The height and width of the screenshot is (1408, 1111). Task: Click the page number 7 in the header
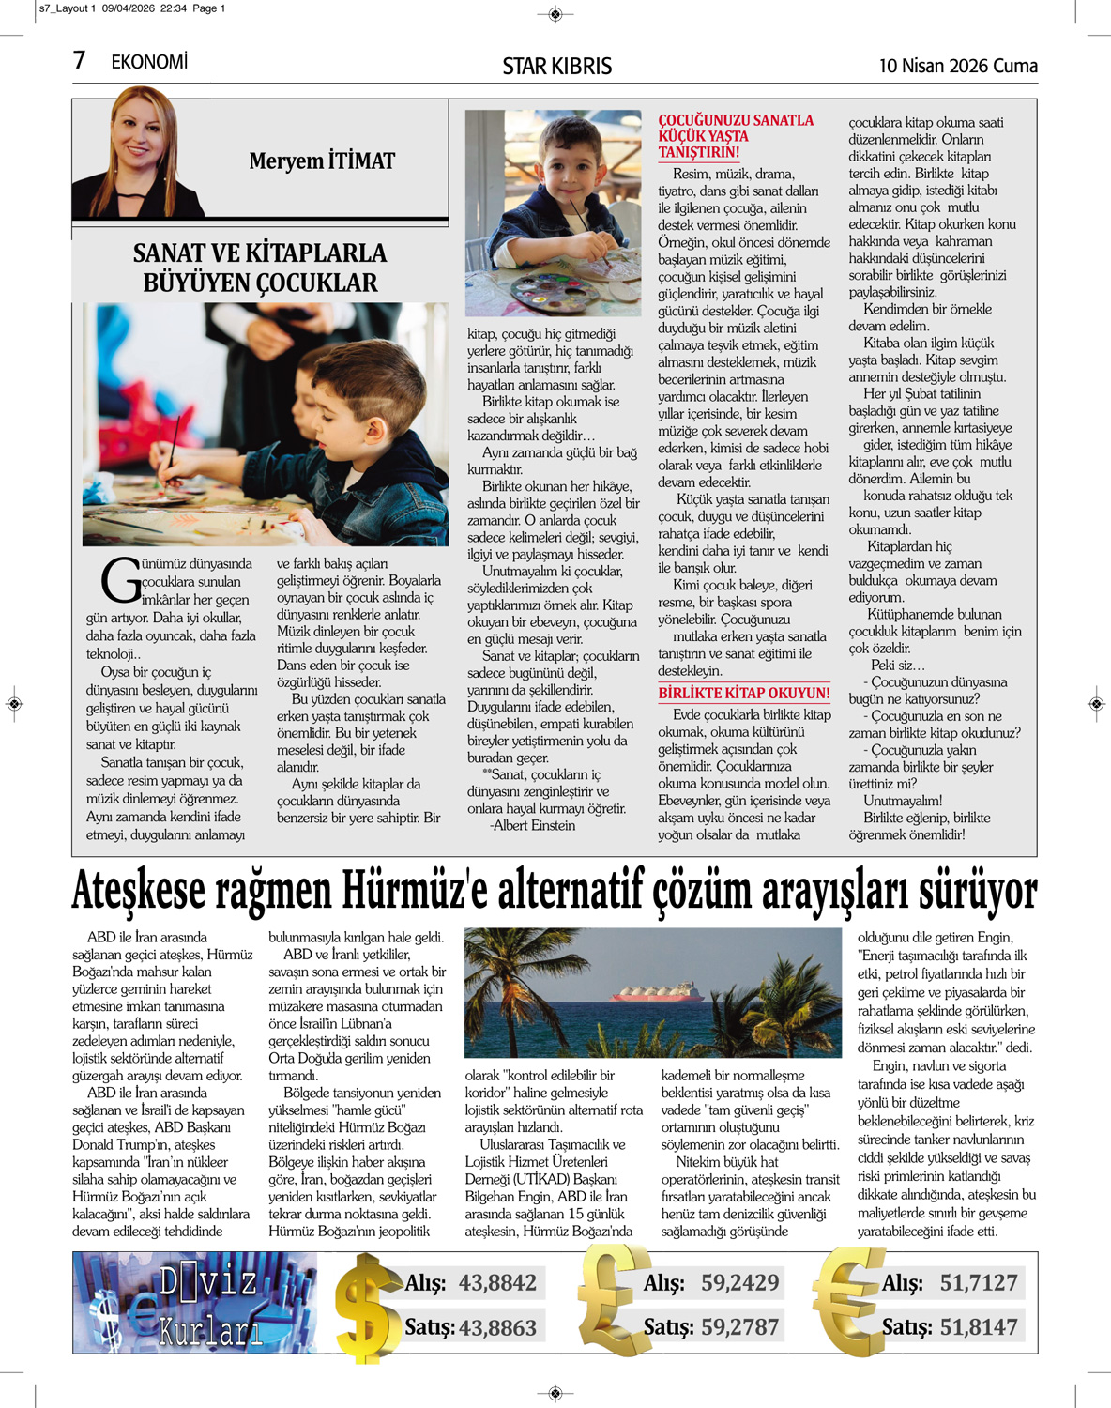[x=80, y=61]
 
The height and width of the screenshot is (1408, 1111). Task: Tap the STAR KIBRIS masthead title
[x=556, y=66]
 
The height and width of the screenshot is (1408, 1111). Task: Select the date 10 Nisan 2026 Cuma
[x=957, y=66]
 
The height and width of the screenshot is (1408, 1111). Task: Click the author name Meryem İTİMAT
[x=322, y=161]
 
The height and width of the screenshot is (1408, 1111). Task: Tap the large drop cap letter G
[x=120, y=581]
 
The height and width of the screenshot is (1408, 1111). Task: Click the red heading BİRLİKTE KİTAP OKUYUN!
[x=743, y=693]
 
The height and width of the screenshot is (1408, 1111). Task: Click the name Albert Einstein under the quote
[x=533, y=825]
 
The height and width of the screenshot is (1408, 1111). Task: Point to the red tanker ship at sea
[x=657, y=994]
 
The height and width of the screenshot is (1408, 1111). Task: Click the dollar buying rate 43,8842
[x=497, y=1283]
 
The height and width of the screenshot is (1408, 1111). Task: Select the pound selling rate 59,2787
[x=739, y=1327]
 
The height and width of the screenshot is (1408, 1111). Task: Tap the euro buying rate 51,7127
[x=979, y=1283]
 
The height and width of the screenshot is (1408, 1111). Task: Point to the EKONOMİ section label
[x=149, y=62]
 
